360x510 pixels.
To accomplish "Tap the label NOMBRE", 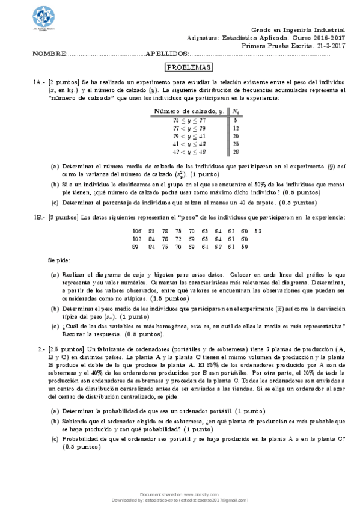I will point(48,54).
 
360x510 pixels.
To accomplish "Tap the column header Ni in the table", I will point(236,111).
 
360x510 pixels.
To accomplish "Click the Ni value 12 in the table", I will point(236,127).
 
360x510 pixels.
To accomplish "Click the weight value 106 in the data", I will point(136,231).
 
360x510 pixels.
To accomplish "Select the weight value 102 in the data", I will point(136,239).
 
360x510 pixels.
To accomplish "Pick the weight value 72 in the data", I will point(178,239).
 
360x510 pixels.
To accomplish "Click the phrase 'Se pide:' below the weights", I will point(59,261).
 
